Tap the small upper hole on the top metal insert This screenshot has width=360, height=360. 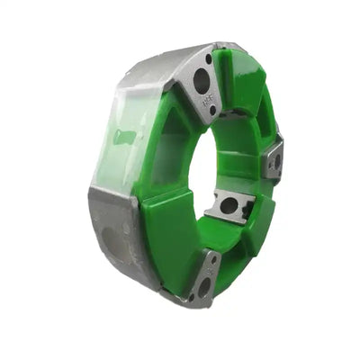[209, 60]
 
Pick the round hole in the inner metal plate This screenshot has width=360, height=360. [229, 205]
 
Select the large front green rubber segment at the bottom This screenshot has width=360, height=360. [171, 243]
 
